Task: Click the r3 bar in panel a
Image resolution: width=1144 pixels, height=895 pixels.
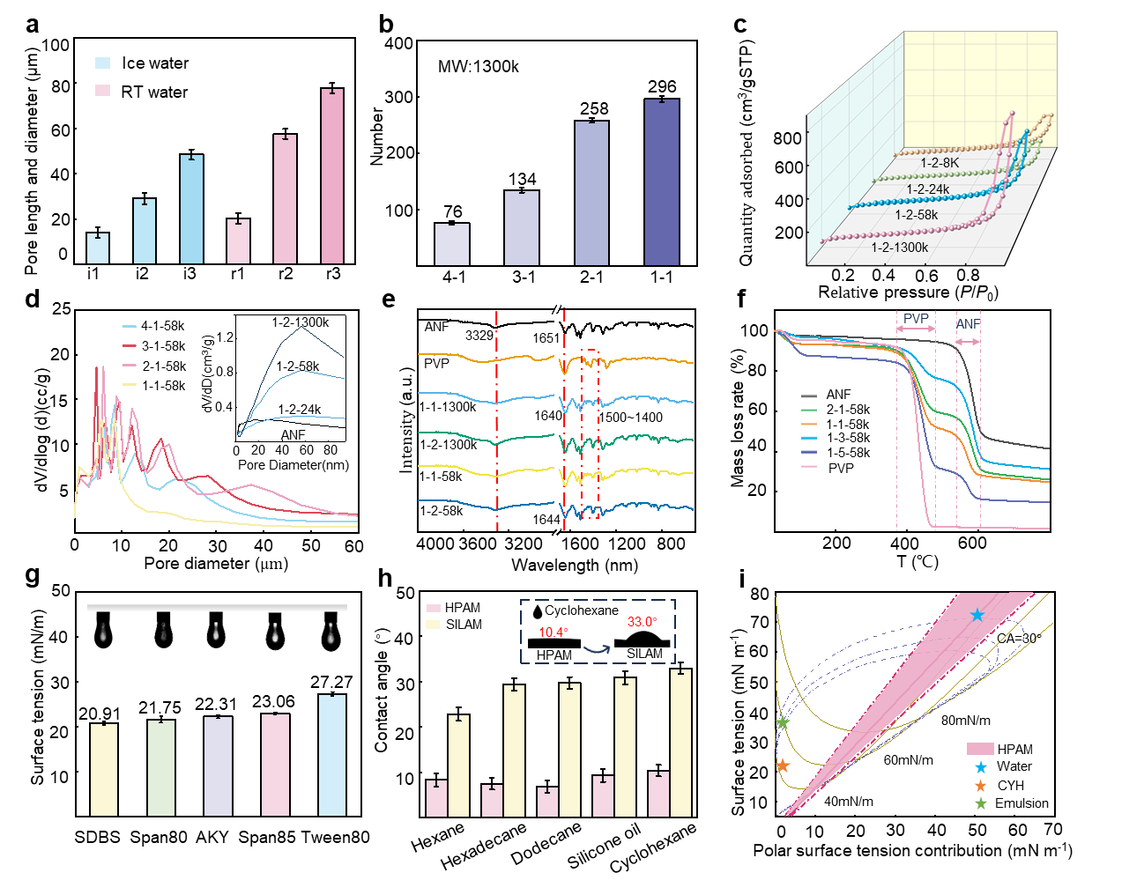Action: [332, 175]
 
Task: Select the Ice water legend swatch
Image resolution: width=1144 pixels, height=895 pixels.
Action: [103, 63]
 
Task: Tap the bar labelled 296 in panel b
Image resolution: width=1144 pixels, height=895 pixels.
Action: [661, 181]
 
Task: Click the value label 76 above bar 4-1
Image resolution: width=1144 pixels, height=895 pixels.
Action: [453, 211]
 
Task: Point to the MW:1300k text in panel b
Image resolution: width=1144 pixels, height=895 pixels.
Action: [479, 67]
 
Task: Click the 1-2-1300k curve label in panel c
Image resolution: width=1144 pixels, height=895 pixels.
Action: [899, 248]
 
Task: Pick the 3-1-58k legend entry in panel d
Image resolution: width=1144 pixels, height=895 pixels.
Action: [164, 346]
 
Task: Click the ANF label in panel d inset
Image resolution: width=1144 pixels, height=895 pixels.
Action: [293, 435]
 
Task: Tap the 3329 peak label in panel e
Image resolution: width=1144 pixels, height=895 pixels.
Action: [479, 336]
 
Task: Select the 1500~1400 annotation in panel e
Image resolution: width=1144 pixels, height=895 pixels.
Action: [631, 418]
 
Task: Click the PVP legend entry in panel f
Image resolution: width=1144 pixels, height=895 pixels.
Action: [841, 468]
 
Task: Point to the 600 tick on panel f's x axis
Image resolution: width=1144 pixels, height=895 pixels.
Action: [972, 544]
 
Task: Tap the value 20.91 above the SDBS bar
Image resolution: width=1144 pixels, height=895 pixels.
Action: [100, 714]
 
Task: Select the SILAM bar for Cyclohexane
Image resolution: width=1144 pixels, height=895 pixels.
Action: [680, 742]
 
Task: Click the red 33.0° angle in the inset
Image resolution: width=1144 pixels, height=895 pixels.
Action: [641, 622]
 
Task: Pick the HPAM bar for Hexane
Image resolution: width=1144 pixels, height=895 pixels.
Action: [436, 797]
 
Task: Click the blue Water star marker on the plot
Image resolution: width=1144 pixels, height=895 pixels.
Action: [977, 616]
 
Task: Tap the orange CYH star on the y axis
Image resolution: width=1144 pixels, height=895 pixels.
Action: [781, 766]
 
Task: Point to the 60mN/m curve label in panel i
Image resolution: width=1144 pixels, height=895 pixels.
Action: [908, 760]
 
